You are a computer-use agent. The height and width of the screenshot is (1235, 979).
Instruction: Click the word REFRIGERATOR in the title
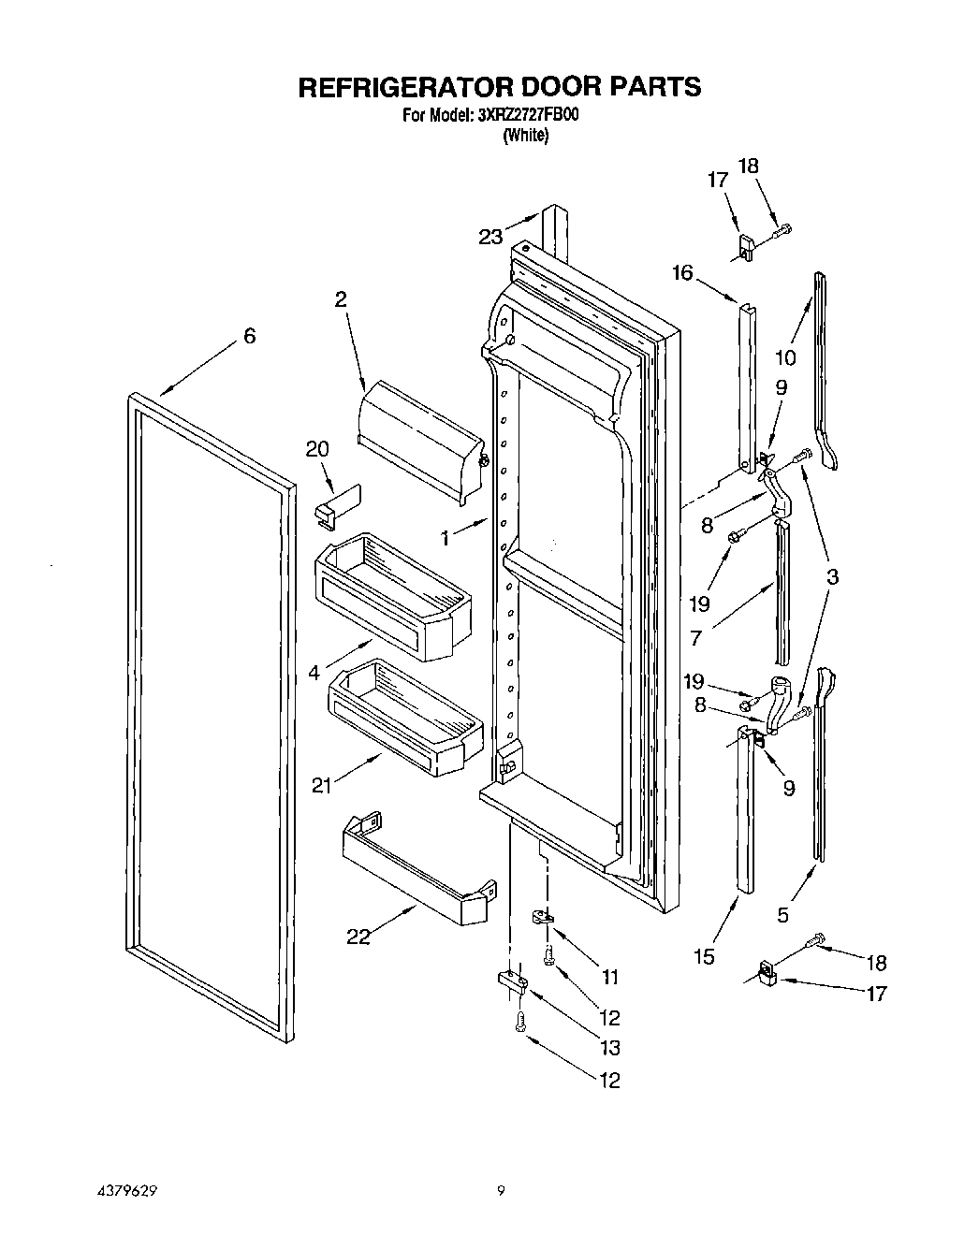click(x=403, y=87)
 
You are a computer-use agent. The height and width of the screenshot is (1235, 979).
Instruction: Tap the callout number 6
click(x=249, y=337)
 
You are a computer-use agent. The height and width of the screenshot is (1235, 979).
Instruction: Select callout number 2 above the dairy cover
click(x=341, y=299)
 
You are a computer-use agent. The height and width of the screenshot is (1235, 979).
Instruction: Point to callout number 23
click(x=491, y=237)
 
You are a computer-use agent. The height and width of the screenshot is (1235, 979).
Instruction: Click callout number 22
click(x=358, y=936)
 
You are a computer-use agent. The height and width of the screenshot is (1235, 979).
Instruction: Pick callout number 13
click(x=608, y=1048)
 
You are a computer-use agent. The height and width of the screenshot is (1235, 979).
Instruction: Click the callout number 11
click(x=609, y=978)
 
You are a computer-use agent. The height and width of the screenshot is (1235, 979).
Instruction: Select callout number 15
click(x=704, y=956)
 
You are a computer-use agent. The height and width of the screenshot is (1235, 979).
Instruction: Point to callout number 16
click(x=682, y=272)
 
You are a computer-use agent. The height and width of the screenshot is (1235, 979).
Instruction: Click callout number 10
click(x=784, y=356)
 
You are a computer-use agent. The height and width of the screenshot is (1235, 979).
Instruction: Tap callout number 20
click(x=317, y=449)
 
